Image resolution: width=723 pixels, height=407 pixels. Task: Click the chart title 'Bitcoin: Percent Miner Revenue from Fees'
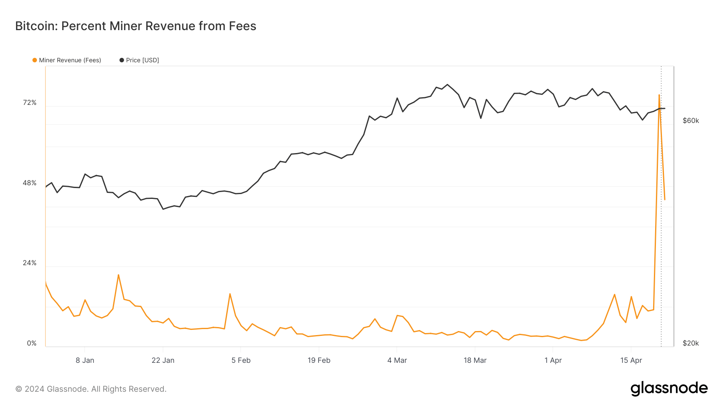136,26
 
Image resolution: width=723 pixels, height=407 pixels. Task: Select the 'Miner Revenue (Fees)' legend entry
67,60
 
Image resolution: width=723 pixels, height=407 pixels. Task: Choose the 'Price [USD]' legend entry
139,60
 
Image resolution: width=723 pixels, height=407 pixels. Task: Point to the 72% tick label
30,103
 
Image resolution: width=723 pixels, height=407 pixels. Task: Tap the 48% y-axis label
30,183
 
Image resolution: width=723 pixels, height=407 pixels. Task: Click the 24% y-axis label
30,263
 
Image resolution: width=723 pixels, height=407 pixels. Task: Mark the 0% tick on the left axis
32,344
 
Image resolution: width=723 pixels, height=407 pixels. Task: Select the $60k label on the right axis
691,121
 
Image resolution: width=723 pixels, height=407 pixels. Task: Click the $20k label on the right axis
691,344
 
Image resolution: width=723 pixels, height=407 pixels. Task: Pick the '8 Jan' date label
85,360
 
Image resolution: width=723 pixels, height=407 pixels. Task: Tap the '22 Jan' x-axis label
163,360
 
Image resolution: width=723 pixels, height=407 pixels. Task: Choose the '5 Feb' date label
241,360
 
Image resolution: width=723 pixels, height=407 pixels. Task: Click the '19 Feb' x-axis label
319,360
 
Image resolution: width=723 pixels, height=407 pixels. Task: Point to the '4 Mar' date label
397,360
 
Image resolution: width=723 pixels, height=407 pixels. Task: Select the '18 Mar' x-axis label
475,360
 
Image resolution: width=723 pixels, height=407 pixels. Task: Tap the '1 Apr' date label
553,360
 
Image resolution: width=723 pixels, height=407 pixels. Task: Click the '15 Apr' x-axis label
631,360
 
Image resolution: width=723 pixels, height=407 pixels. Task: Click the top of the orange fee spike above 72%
659,95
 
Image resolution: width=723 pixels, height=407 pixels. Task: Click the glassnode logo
669,389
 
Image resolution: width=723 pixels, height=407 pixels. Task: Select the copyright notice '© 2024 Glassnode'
91,389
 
